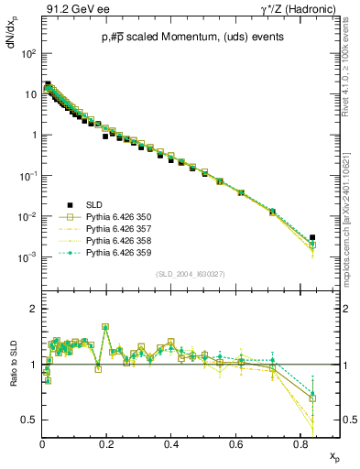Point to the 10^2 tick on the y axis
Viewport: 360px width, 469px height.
coord(29,53)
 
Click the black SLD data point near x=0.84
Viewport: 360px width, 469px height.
coord(312,237)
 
